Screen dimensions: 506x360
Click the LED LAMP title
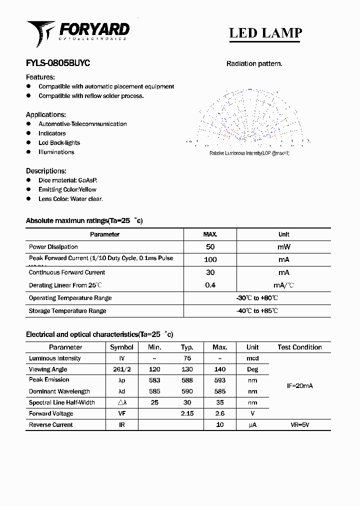coord(265,33)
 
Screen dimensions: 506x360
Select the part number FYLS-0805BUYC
coord(57,63)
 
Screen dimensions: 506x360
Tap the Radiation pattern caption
coord(254,63)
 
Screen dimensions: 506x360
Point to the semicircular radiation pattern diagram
coord(248,117)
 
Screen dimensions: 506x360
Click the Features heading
coord(40,77)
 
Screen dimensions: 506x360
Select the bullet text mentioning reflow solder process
coord(91,96)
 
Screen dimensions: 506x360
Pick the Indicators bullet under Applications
coord(52,133)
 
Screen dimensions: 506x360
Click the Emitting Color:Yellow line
coord(67,189)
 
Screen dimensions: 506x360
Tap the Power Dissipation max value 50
coord(210,247)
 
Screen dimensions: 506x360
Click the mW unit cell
coord(283,247)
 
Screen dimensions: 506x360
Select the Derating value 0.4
coord(210,285)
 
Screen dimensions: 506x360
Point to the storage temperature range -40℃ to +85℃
coord(257,311)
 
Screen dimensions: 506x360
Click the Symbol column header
coord(121,347)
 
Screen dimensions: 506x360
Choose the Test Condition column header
coord(299,347)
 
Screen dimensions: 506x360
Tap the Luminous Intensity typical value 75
coord(187,358)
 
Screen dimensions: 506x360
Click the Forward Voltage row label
coord(51,413)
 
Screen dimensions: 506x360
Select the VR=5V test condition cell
coord(300,425)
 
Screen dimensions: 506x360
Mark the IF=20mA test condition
coord(300,386)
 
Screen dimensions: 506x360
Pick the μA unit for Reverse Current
coord(252,425)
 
